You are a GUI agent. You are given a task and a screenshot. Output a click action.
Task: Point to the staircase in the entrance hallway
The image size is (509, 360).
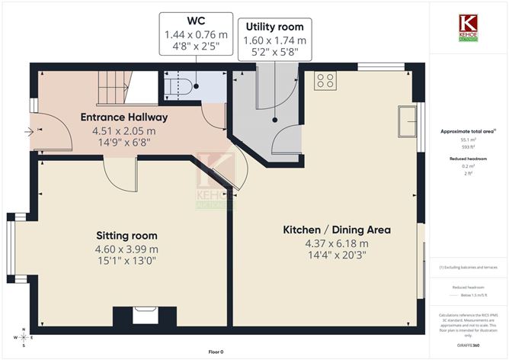tap(122, 86)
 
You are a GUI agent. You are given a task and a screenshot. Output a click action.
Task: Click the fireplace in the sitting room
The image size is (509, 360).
tap(145, 316)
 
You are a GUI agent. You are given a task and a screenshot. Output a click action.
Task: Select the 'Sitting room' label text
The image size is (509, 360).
tap(126, 235)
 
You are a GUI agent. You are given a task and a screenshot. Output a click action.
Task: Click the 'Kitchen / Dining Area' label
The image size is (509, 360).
tap(337, 230)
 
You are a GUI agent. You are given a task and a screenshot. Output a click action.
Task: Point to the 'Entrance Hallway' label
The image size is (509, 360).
tap(125, 117)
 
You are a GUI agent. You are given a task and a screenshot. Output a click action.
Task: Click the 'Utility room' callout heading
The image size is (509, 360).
tap(274, 27)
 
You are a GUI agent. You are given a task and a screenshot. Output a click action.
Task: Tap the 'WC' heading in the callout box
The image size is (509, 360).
tap(195, 21)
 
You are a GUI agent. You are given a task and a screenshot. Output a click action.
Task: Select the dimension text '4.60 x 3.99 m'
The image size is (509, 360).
tap(126, 249)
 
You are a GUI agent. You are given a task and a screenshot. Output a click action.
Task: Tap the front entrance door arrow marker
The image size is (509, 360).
tap(30, 132)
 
